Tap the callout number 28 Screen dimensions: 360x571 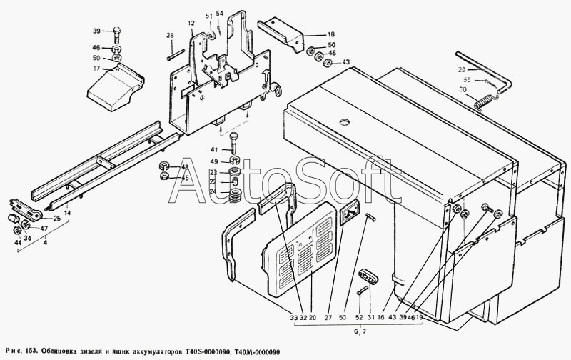tap(170, 35)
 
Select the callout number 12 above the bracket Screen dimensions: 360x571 tap(191, 24)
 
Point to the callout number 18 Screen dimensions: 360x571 tap(331, 35)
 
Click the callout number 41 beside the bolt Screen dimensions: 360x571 tap(213, 149)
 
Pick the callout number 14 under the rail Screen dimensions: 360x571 tap(67, 213)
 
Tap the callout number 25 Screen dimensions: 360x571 tap(56, 217)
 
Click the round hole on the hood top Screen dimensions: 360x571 tap(346, 121)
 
